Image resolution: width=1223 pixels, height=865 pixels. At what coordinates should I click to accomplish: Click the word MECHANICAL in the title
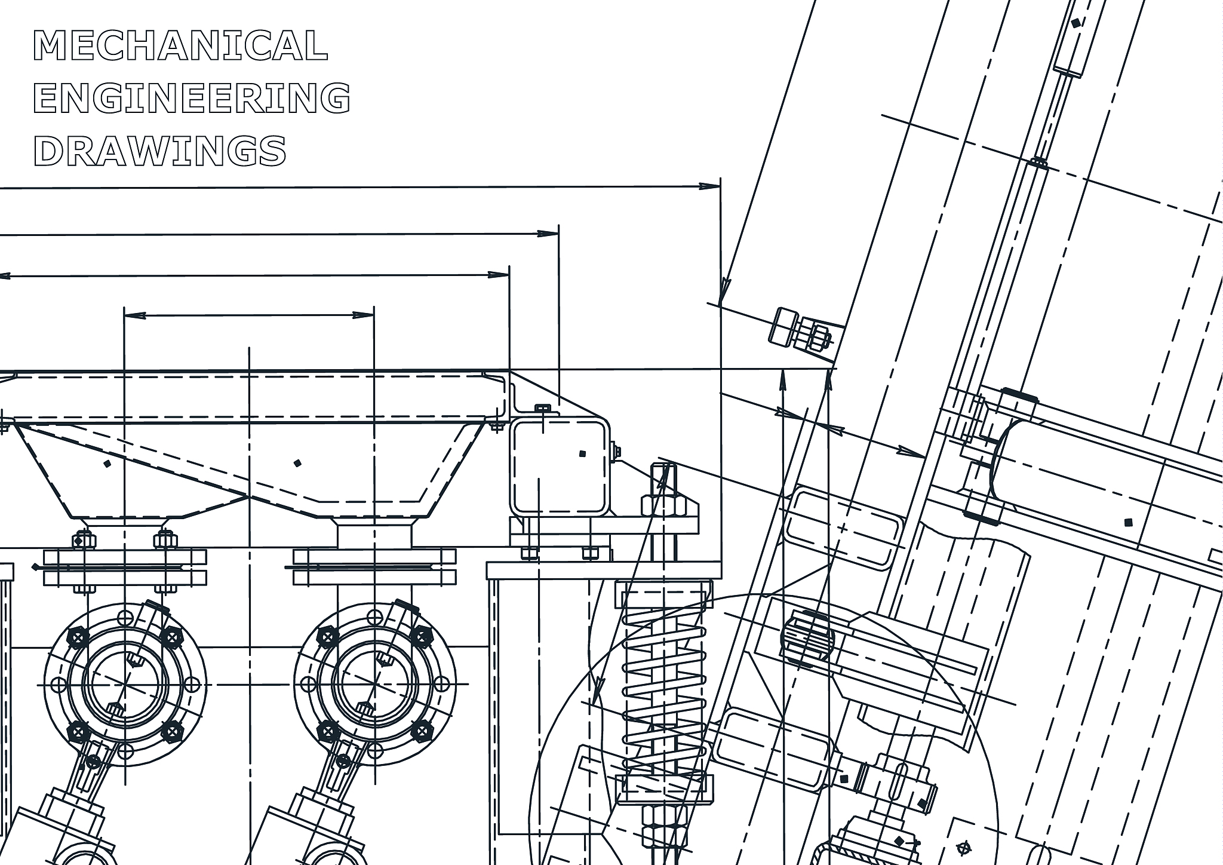180,45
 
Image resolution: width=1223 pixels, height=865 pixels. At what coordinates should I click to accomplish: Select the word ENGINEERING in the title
192,98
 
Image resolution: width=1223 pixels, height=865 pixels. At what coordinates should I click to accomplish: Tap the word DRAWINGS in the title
160,151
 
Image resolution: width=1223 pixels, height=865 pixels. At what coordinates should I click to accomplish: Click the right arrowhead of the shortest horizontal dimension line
364,315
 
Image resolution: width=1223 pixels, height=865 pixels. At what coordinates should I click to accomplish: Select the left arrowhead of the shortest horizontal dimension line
135,315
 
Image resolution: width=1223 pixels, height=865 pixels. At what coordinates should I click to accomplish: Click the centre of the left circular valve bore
125,683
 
